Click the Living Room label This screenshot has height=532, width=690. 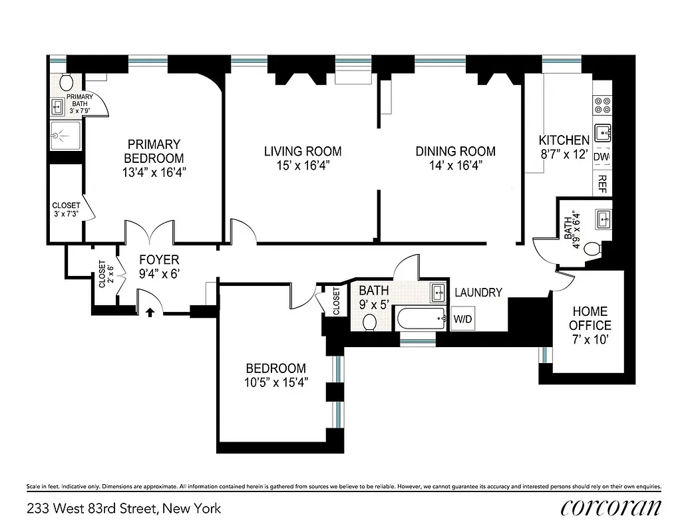tap(303, 151)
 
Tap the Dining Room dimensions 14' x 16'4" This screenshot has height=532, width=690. tap(455, 166)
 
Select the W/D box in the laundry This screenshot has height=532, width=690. tap(462, 320)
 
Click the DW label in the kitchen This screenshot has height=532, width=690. tap(601, 157)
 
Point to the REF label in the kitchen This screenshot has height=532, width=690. tap(602, 184)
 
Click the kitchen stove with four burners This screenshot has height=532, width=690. tap(602, 105)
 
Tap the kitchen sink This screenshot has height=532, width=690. tap(603, 133)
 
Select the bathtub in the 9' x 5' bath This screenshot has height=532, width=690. tap(421, 319)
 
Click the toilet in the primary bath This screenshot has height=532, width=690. tap(66, 82)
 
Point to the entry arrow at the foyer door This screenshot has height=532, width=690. tap(150, 310)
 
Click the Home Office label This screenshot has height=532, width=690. tap(590, 319)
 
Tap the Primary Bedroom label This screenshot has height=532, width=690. tap(154, 151)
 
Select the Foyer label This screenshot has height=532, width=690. tap(158, 259)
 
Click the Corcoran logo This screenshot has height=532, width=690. tap(610, 508)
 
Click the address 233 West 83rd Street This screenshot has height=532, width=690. tap(124, 509)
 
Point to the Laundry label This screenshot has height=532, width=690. tap(478, 292)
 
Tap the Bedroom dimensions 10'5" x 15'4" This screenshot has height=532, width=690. tap(275, 382)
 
